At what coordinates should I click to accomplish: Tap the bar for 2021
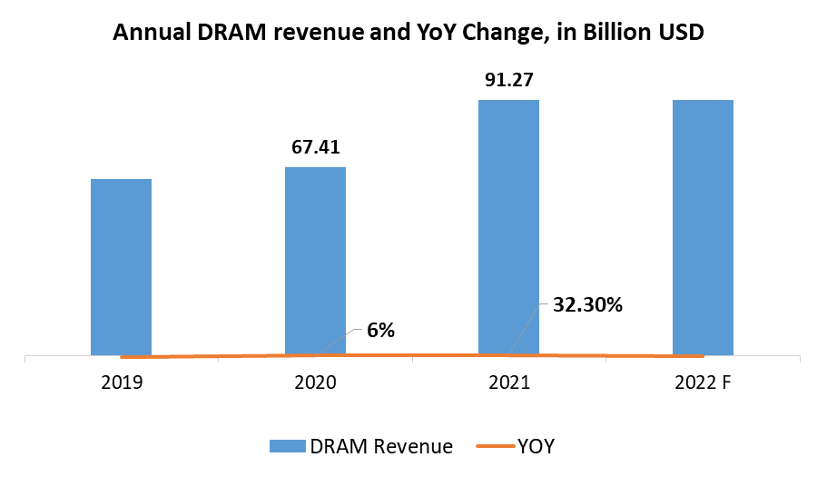pos(508,227)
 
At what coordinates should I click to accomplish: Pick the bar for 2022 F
pos(703,227)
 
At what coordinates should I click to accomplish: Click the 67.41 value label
pos(315,147)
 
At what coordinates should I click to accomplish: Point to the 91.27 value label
pos(508,80)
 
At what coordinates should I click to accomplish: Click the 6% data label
pos(380,331)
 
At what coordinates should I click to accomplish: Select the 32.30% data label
pos(587,305)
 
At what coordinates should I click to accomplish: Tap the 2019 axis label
pos(122,383)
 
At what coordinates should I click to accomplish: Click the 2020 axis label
pos(315,383)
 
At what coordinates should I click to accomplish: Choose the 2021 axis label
pos(509,383)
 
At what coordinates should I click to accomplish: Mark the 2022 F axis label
pos(703,383)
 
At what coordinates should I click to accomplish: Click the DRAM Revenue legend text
pos(381,446)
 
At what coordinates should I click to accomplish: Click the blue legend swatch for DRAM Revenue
pos(287,446)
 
